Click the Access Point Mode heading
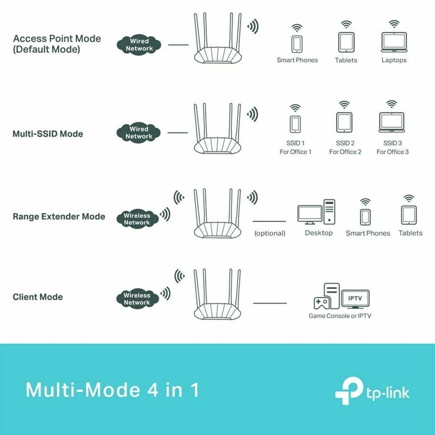(x=56, y=43)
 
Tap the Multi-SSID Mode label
(x=47, y=134)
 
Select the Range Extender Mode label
(x=58, y=217)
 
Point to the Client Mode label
(x=37, y=297)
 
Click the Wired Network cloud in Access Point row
(x=139, y=45)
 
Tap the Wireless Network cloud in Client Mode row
(x=137, y=298)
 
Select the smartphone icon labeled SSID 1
(x=295, y=122)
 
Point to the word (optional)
(x=270, y=234)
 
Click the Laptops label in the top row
(x=394, y=60)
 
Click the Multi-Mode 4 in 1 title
(x=112, y=390)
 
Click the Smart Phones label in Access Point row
(x=297, y=60)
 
